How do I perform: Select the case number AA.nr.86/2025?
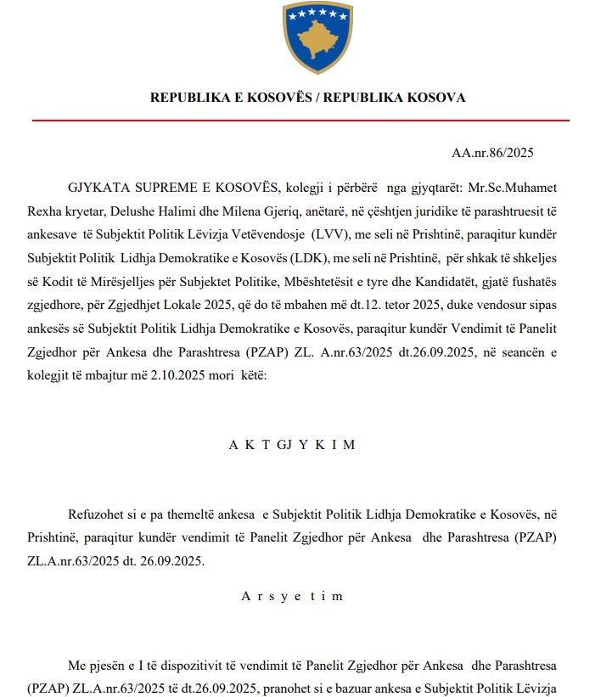click(492, 154)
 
